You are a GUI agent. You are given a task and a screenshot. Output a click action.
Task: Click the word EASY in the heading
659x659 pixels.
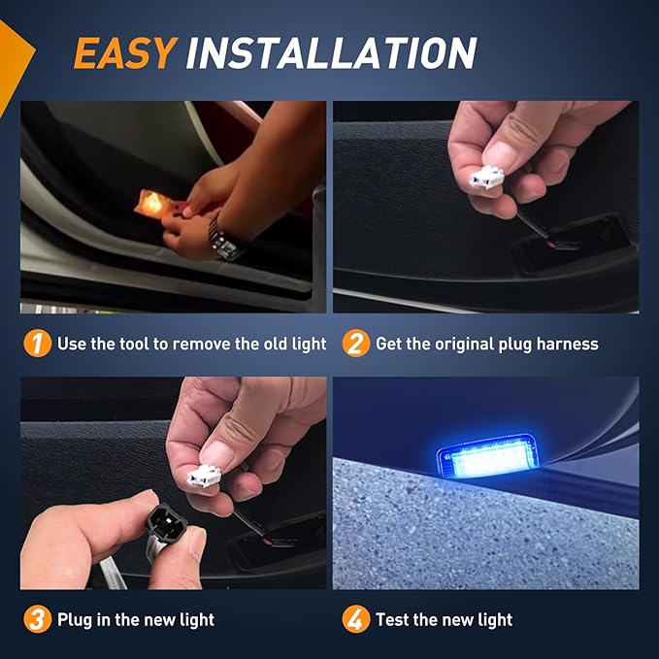[124, 53]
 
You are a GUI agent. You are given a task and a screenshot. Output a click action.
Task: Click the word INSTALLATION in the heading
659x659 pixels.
[331, 53]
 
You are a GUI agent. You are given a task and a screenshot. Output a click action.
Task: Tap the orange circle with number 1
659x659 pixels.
[37, 344]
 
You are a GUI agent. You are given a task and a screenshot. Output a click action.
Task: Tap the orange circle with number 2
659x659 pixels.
[356, 344]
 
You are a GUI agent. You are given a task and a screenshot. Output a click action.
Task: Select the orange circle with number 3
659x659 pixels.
[37, 619]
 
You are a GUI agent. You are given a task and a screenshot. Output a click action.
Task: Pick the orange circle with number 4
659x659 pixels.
[356, 619]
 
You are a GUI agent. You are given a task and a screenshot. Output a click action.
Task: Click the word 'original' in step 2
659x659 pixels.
[485, 344]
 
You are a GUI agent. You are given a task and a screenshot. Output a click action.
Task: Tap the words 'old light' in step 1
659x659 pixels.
[292, 344]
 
